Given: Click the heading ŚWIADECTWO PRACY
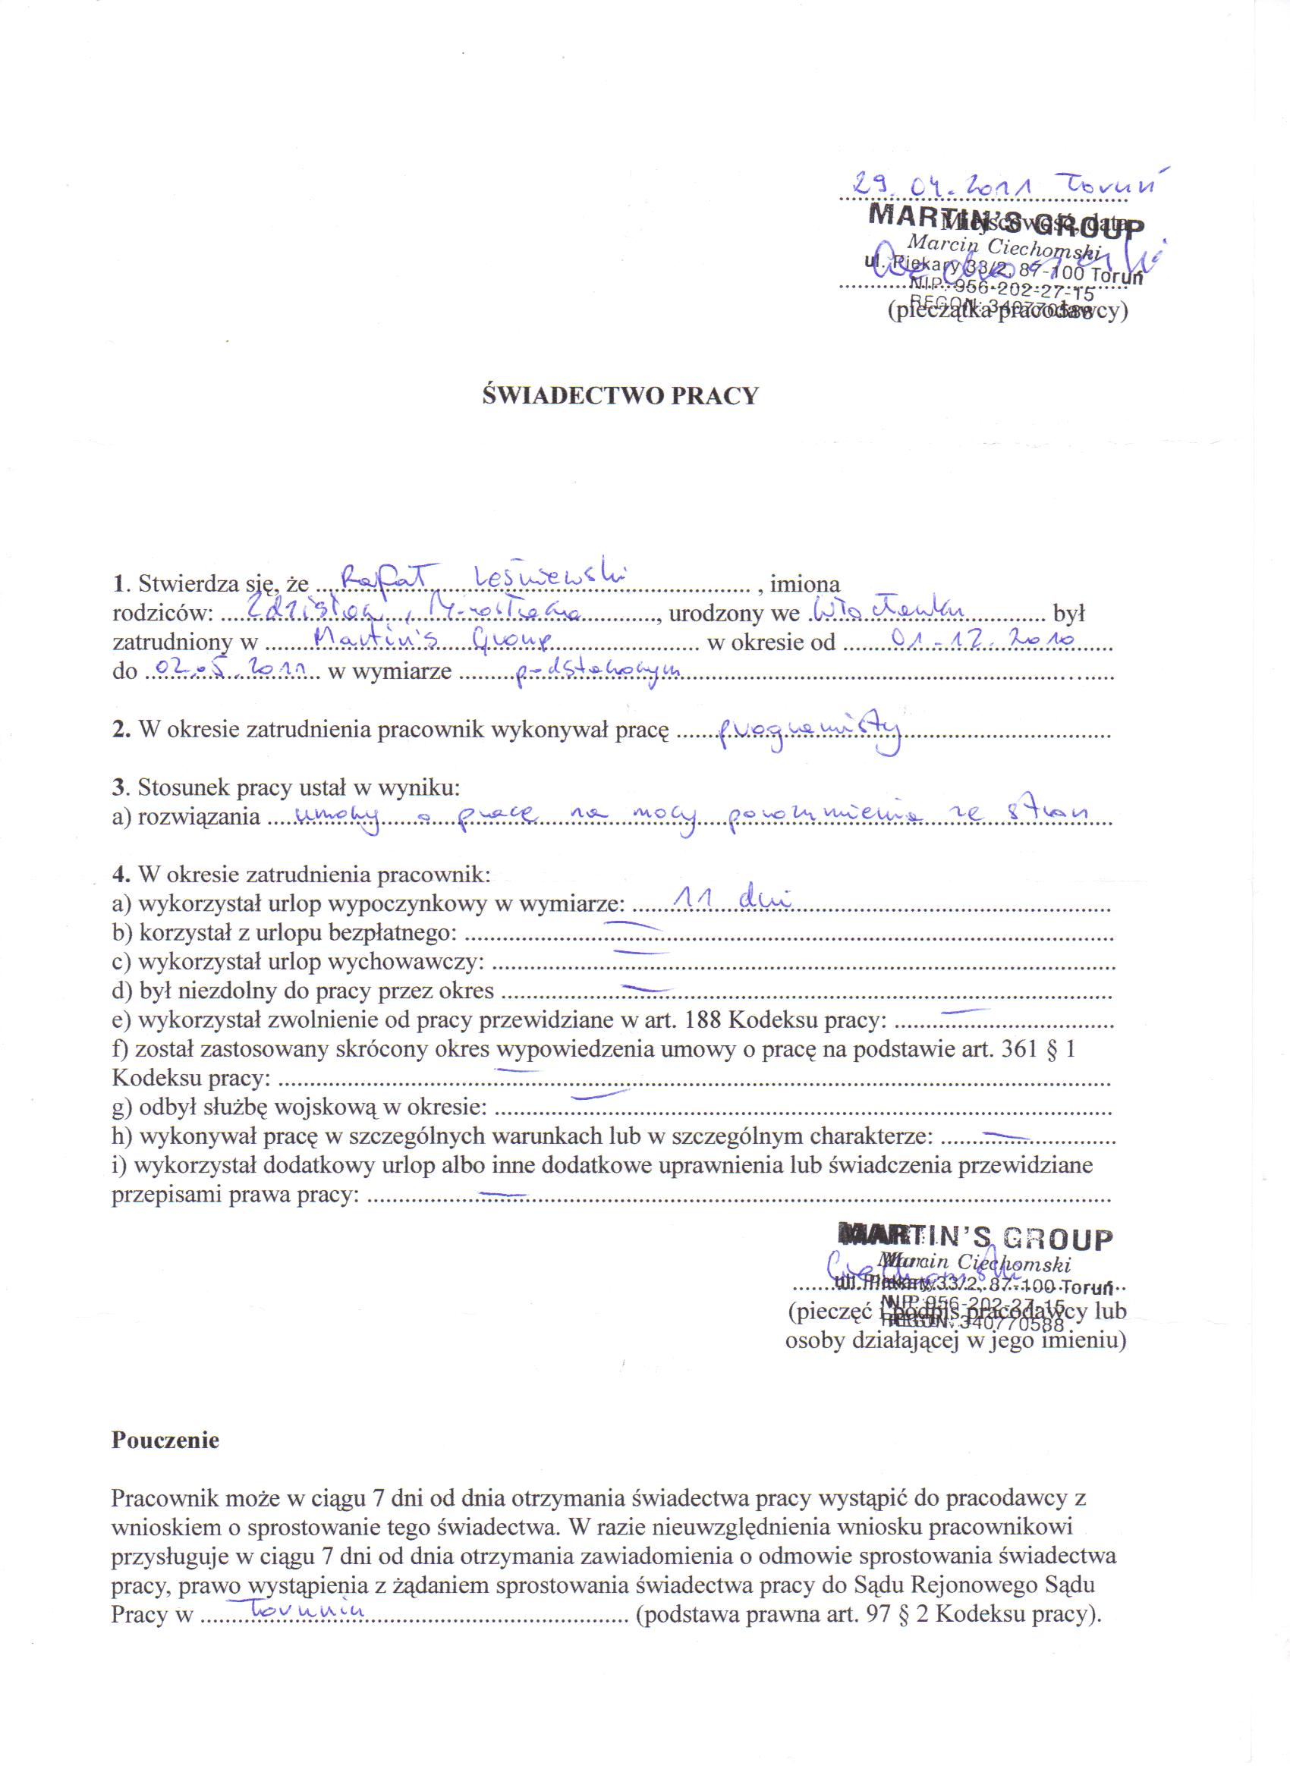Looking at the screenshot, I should (620, 395).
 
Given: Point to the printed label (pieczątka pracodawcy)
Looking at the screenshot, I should (1008, 312).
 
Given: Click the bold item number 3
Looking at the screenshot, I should (118, 786).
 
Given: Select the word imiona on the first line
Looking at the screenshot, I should (805, 584).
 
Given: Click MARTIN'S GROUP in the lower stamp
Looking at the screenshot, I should (974, 1238).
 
